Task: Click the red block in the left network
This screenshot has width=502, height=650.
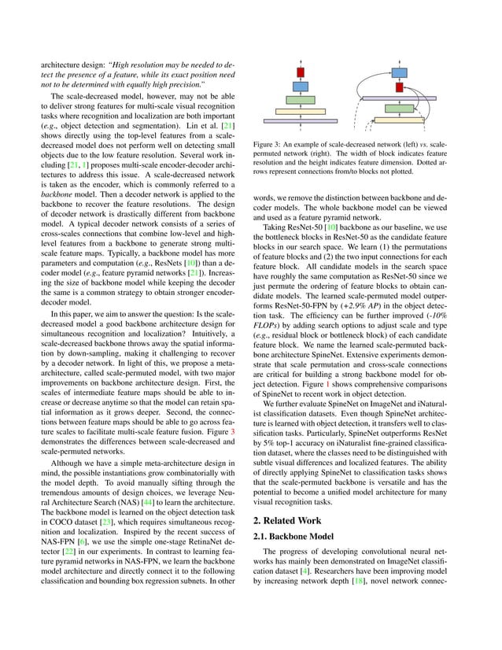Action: pyautogui.click(x=301, y=72)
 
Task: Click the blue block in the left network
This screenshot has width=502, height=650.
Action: pyautogui.click(x=301, y=86)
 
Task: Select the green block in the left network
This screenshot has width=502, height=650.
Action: pyautogui.click(x=301, y=99)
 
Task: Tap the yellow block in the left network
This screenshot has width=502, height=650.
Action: pyautogui.click(x=301, y=110)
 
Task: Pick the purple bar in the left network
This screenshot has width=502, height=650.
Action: pyautogui.click(x=301, y=120)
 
